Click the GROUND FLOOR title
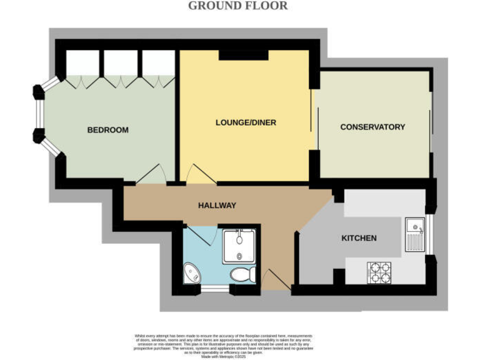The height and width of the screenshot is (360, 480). click(x=238, y=6)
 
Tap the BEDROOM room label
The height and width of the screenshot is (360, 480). click(x=107, y=130)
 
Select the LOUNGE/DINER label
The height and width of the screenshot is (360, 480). click(x=246, y=123)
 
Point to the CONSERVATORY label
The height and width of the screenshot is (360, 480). click(x=372, y=127)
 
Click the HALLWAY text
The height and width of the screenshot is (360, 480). click(x=217, y=205)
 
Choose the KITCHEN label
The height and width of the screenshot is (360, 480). click(x=359, y=238)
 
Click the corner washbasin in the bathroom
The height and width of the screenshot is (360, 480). click(x=191, y=272)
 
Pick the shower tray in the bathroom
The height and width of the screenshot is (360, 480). click(x=237, y=245)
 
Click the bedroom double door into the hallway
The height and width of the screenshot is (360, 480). click(x=151, y=174)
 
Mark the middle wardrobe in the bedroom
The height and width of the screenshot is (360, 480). click(x=121, y=64)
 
